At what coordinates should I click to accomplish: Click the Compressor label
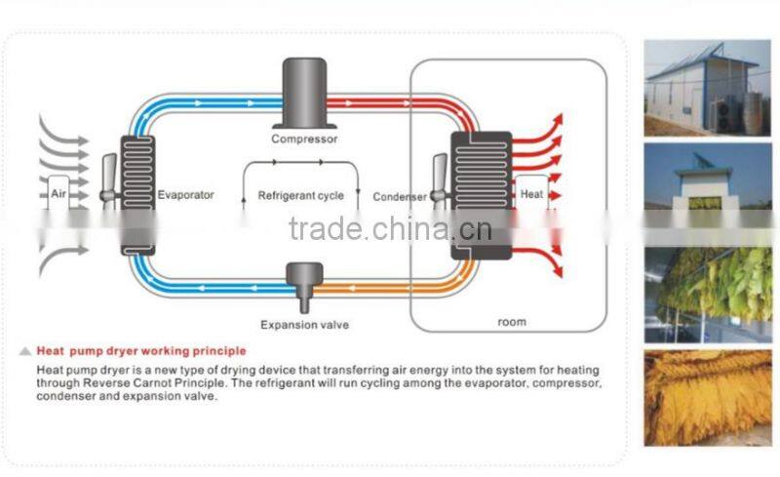click(304, 139)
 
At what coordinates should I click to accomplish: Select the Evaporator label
click(185, 195)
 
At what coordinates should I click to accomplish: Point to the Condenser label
click(400, 196)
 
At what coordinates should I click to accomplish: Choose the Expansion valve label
click(304, 325)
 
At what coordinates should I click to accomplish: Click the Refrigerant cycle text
click(300, 196)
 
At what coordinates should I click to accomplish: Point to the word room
click(511, 322)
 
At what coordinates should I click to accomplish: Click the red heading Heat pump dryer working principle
click(141, 350)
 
